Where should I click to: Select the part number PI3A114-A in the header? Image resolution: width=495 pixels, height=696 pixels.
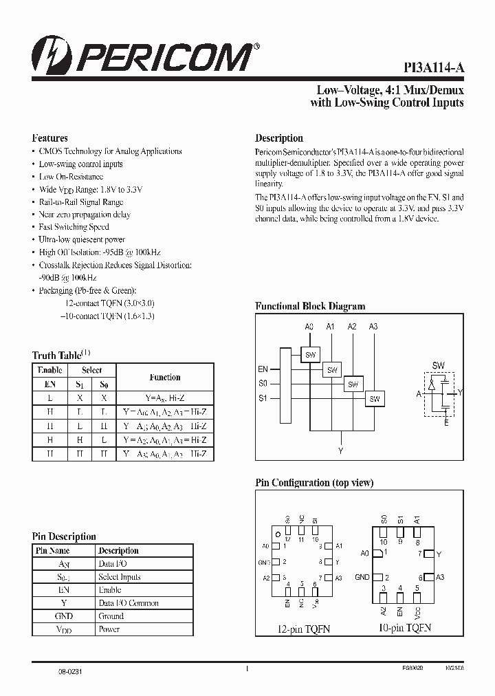[x=433, y=67]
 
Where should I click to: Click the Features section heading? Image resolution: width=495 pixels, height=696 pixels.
[x=50, y=138]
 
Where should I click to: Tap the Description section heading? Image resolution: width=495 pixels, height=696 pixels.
[x=279, y=138]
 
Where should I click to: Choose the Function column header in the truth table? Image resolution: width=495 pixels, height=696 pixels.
[x=165, y=377]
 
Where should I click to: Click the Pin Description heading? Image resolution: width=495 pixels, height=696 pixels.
[x=64, y=536]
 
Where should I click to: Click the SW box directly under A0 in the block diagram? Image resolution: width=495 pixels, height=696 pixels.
[x=311, y=354]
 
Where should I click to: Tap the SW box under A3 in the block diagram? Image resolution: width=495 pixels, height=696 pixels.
[x=375, y=399]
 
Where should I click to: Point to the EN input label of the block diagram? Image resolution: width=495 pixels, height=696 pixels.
[x=263, y=369]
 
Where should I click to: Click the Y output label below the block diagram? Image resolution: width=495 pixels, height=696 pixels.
[x=340, y=451]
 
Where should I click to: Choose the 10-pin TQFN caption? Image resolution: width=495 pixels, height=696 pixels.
[x=404, y=628]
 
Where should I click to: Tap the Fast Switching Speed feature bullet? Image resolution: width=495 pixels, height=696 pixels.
[x=74, y=227]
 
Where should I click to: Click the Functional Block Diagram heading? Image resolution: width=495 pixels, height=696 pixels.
[x=310, y=306]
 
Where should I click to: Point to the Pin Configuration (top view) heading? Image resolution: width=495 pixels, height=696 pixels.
[x=314, y=483]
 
